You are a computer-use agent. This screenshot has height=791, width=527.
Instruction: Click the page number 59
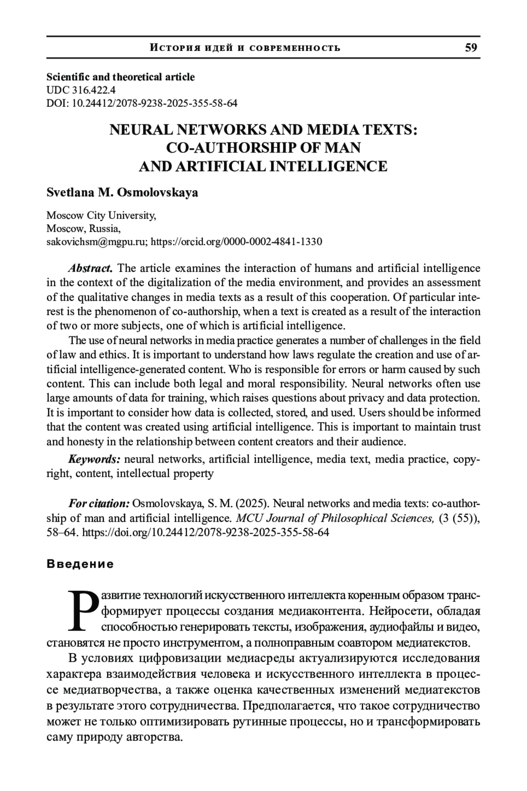pos(471,47)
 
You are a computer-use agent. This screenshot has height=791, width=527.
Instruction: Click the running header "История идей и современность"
pos(245,48)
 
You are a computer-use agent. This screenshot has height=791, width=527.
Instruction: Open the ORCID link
pos(236,242)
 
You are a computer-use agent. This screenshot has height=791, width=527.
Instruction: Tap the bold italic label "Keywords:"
pos(94,459)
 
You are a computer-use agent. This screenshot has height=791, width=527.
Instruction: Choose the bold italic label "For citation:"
pos(99,503)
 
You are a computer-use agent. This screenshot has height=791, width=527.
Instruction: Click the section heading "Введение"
pos(80,564)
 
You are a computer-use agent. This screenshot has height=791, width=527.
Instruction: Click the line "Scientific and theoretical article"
pos(120,77)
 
